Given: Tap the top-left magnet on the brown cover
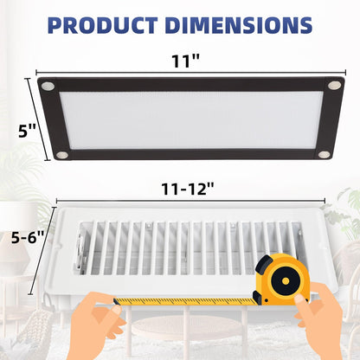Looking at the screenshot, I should (x=48, y=86).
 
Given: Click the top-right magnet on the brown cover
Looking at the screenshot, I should (x=334, y=85).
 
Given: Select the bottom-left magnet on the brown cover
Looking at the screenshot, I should (x=61, y=153).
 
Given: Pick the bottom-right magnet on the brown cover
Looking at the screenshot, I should (x=324, y=154).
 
